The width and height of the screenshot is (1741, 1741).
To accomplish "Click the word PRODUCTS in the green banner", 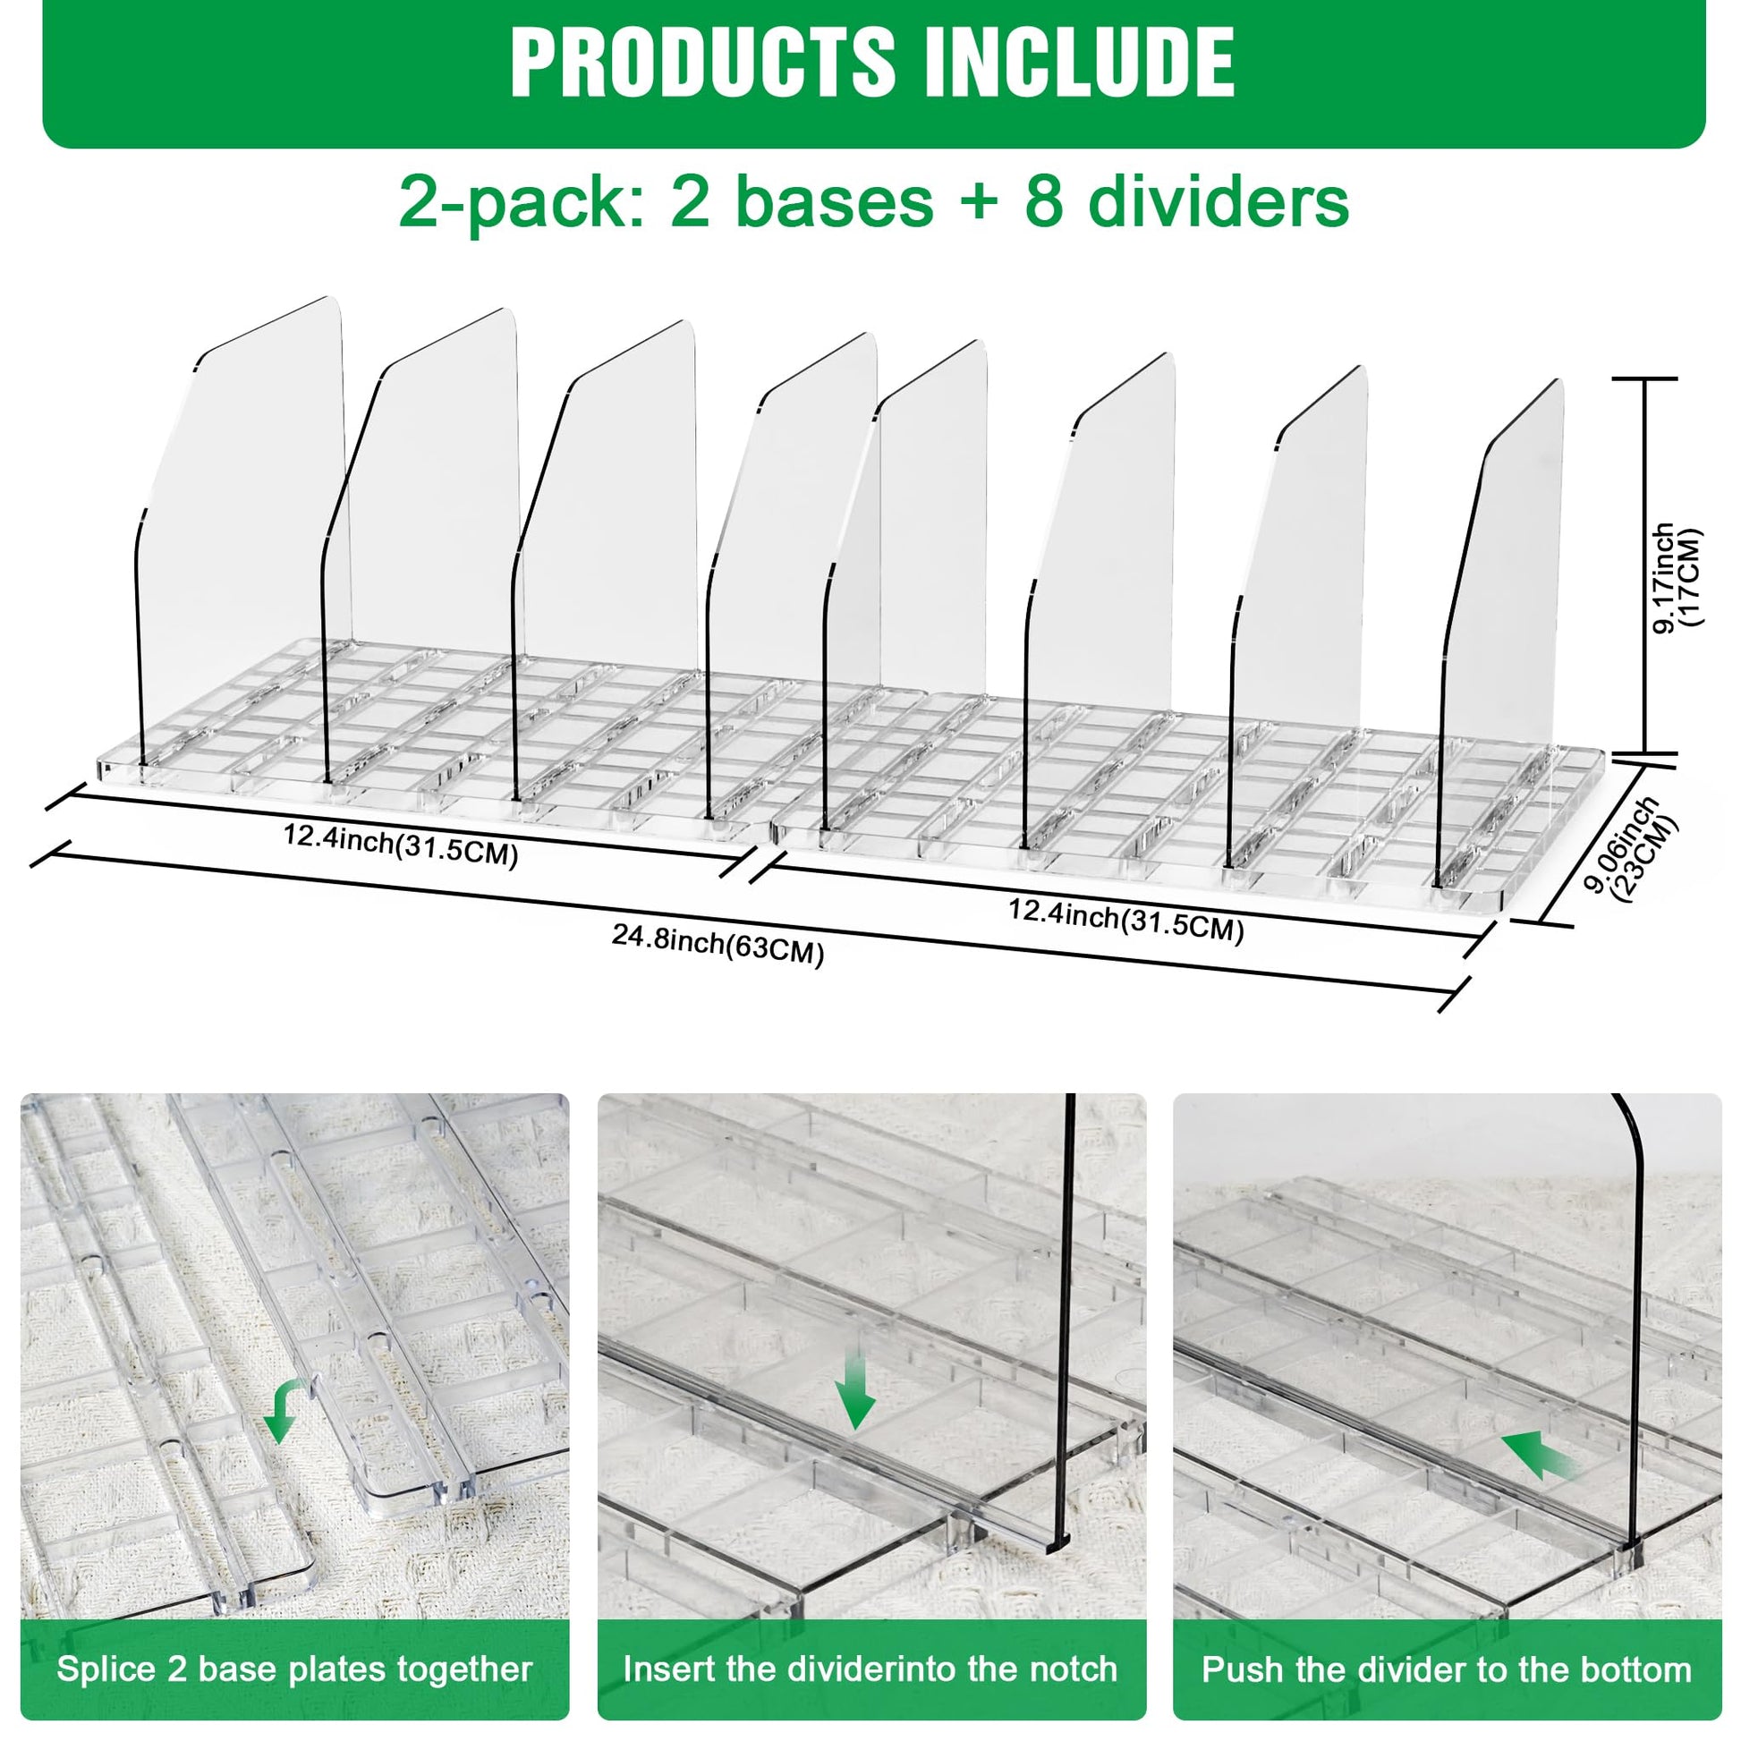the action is click(x=703, y=63).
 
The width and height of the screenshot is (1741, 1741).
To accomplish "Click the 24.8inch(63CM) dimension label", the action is click(x=718, y=947).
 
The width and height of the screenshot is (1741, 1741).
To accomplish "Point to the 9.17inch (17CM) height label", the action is click(x=1677, y=578).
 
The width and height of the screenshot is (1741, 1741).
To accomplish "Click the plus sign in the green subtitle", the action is click(x=979, y=204).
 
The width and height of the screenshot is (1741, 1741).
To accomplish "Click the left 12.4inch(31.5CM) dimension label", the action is click(x=401, y=845).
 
